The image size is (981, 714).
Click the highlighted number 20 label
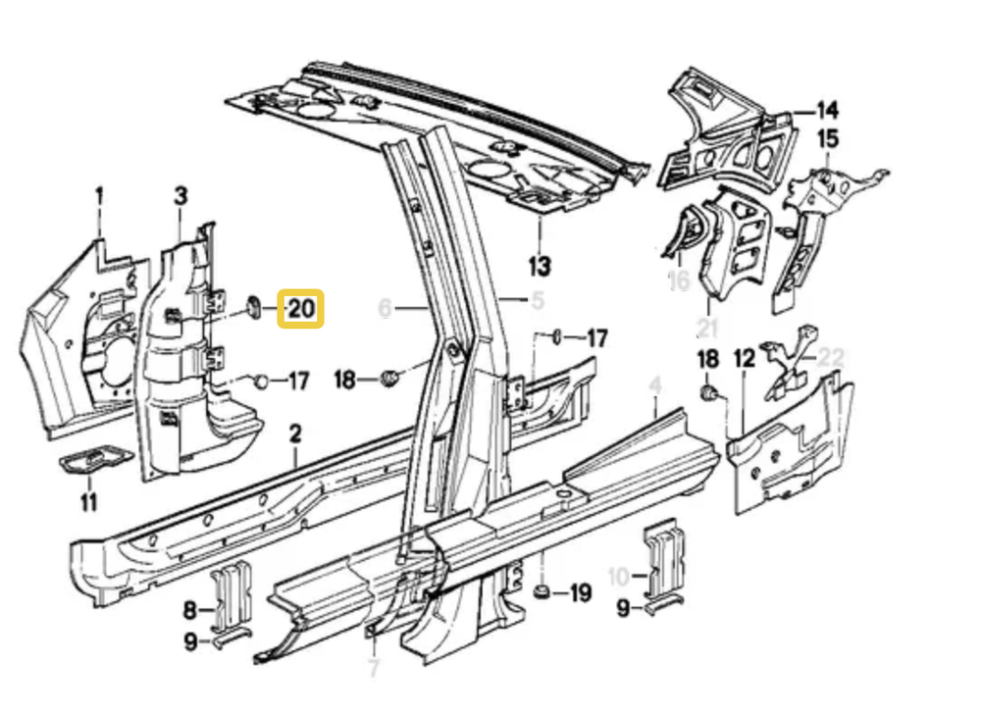tap(301, 310)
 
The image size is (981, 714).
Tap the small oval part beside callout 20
tap(252, 307)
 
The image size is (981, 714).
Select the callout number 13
tap(540, 265)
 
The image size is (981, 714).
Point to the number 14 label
tap(827, 110)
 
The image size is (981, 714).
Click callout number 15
tap(828, 138)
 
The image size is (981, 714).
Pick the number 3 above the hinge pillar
tap(181, 196)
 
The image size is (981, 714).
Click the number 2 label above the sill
tap(295, 433)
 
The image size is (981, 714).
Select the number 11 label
tap(89, 503)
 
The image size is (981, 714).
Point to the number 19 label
tap(580, 592)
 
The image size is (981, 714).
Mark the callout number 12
tap(745, 359)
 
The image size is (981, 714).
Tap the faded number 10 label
tap(619, 576)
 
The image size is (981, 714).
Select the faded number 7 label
tap(373, 671)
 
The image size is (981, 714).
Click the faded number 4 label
tap(656, 384)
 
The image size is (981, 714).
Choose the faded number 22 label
tap(830, 358)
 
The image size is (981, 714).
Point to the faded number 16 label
tap(679, 281)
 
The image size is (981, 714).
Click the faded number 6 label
tap(385, 309)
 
